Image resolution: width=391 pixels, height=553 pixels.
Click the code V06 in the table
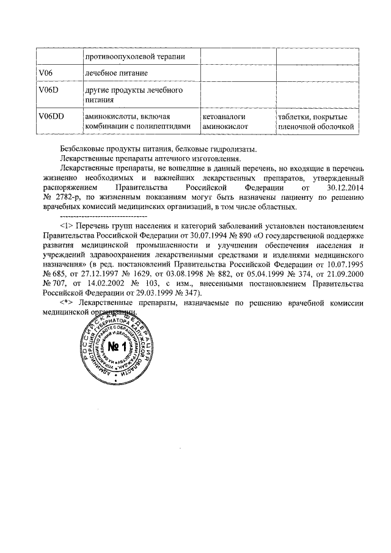click(46, 73)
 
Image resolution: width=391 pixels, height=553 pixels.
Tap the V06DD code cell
click(51, 116)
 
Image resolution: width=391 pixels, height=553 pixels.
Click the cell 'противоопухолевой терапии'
click(135, 57)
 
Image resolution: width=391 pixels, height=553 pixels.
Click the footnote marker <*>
click(67, 303)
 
